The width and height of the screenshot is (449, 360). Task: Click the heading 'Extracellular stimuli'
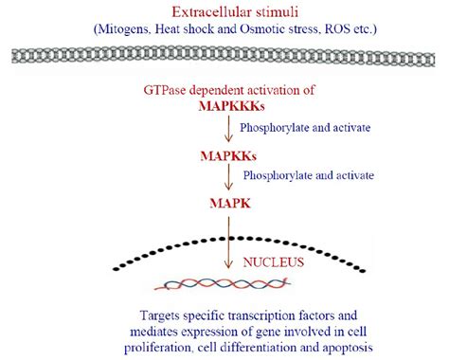[x=224, y=11]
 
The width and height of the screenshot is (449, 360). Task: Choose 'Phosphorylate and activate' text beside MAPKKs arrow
[x=309, y=176]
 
